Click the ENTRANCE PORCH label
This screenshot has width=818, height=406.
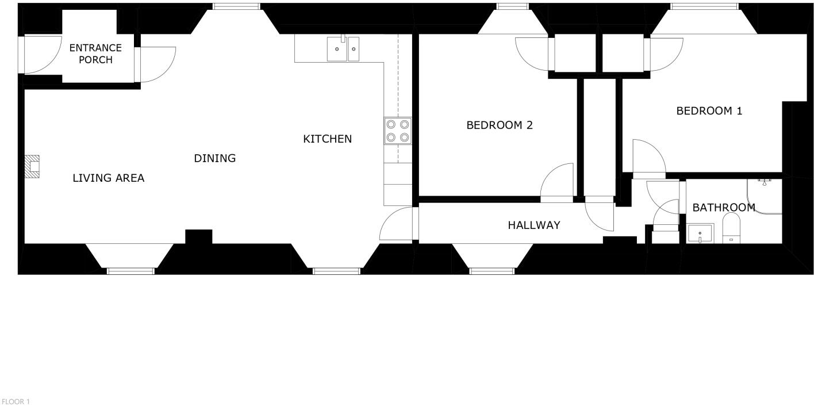point(95,53)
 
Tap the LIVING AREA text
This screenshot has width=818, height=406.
point(108,178)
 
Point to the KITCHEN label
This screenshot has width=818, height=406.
point(327,139)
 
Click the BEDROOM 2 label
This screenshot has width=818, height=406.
point(499,125)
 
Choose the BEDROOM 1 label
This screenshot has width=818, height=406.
point(709,111)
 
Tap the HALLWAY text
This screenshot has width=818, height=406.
point(533,225)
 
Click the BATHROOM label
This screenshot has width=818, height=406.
point(723,208)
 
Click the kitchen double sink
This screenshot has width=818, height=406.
point(343,49)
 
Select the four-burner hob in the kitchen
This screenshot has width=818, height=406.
point(398,131)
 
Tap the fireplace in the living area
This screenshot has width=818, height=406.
point(33,167)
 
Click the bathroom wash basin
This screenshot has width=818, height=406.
point(700,234)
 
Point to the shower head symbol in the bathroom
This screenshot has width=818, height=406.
point(764,182)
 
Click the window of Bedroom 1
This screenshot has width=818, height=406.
point(704,6)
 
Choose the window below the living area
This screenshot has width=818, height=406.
point(130,271)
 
